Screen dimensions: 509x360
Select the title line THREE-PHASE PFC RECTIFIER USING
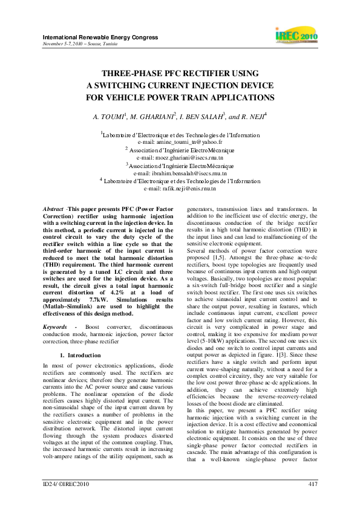[x=180, y=72]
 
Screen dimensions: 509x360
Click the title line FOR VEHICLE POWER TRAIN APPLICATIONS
[x=180, y=97]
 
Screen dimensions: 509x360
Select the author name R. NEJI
[x=245, y=116]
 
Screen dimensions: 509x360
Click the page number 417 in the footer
[x=313, y=484]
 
